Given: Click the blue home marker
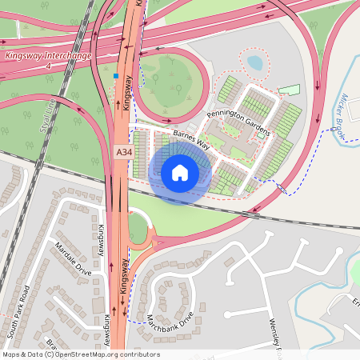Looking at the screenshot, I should (x=180, y=172).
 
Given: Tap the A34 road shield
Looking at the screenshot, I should (x=123, y=152).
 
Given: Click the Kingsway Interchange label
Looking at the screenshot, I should (x=48, y=55).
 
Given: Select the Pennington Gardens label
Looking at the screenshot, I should (x=239, y=122).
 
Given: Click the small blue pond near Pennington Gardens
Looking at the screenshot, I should (x=254, y=62).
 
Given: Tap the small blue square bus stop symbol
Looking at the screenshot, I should (x=116, y=77).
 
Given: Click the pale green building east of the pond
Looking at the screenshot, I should (x=289, y=90).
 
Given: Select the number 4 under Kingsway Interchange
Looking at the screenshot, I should (x=48, y=66).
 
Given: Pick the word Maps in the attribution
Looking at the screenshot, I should (x=11, y=354).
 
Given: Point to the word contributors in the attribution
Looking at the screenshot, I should (x=139, y=354).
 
